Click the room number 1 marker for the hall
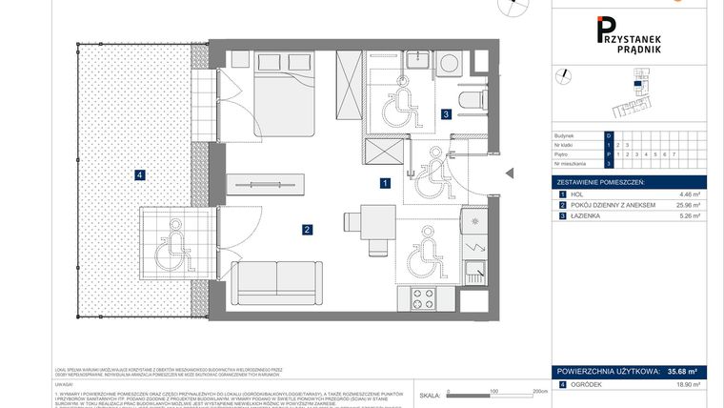[x=384, y=182]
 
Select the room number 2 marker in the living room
[x=307, y=229]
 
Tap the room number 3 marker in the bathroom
[x=446, y=115]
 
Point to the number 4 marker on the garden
[x=139, y=174]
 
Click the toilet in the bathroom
[x=470, y=99]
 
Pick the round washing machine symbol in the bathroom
[x=451, y=64]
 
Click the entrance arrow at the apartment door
[x=509, y=173]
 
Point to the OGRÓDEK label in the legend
[x=586, y=384]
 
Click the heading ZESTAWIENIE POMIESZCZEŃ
[x=601, y=181]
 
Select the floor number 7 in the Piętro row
[x=674, y=153]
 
